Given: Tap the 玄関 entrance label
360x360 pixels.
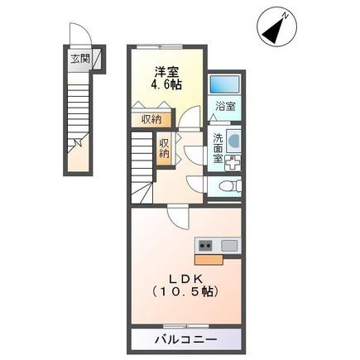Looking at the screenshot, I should point(79,60).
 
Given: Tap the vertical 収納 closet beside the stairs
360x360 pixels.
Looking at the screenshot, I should point(166,147).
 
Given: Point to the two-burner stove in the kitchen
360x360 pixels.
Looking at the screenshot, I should point(204,245).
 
